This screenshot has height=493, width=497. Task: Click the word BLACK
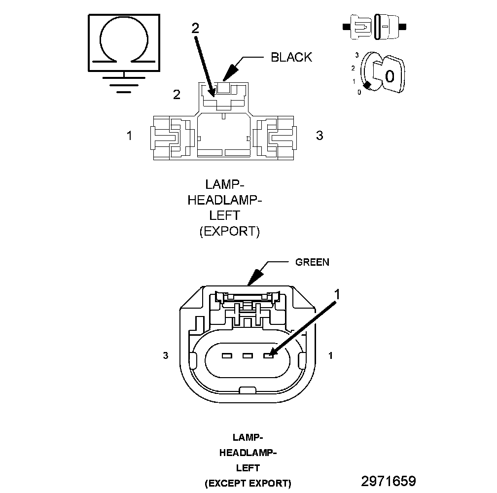(291, 57)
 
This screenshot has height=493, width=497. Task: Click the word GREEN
(312, 262)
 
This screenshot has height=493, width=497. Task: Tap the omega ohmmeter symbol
(124, 43)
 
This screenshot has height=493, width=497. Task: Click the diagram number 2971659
(389, 481)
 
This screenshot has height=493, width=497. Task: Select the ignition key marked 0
(389, 74)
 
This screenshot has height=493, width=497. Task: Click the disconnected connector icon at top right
(374, 27)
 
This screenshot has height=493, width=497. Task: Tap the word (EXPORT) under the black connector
(229, 231)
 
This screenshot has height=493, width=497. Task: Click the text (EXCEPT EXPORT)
(248, 483)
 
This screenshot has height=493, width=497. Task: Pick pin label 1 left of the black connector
(129, 135)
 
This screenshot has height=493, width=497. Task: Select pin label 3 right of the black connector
(319, 135)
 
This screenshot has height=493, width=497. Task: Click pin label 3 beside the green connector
(166, 355)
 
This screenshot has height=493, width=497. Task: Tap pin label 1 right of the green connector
(330, 355)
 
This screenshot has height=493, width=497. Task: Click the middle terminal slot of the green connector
(248, 356)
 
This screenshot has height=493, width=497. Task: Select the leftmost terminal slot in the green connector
(227, 356)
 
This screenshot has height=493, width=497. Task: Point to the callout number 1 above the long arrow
(337, 294)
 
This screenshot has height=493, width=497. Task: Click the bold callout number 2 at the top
(196, 29)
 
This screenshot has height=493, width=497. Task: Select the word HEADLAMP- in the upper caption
(225, 200)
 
